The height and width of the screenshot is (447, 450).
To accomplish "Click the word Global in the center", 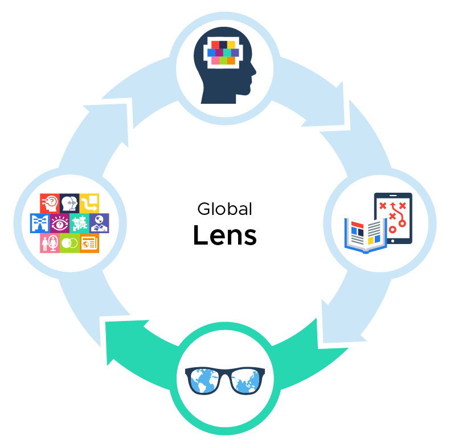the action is pyautogui.click(x=224, y=209).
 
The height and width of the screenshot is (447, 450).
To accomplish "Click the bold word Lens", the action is pyautogui.click(x=224, y=235).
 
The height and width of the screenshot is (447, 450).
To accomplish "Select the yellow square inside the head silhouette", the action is pyautogui.click(x=231, y=45).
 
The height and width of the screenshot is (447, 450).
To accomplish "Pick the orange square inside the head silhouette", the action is pyautogui.click(x=231, y=60).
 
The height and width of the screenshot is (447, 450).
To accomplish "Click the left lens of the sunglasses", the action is pyautogui.click(x=204, y=381).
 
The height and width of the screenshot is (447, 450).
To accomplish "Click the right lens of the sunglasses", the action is pyautogui.click(x=246, y=381).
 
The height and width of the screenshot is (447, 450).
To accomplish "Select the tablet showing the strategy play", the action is pyautogui.click(x=393, y=218).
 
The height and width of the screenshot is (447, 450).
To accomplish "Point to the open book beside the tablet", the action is pyautogui.click(x=366, y=235).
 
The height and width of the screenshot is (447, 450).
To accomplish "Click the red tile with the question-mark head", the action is pyautogui.click(x=50, y=204).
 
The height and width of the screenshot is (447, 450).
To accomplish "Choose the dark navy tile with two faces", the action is pyautogui.click(x=69, y=204).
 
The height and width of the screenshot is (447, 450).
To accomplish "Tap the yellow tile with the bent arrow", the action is pyautogui.click(x=89, y=204).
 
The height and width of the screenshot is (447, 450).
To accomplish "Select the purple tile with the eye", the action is pyautogui.click(x=60, y=223).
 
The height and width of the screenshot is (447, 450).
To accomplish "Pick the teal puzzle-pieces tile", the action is pyautogui.click(x=80, y=223).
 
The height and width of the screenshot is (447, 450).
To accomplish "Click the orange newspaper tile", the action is pyautogui.click(x=89, y=243).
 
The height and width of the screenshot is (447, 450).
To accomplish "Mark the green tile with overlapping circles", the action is pyautogui.click(x=69, y=243).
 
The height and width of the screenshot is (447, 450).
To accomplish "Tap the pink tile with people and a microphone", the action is pyautogui.click(x=50, y=243).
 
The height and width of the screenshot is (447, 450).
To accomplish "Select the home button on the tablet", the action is pyautogui.click(x=393, y=241).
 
